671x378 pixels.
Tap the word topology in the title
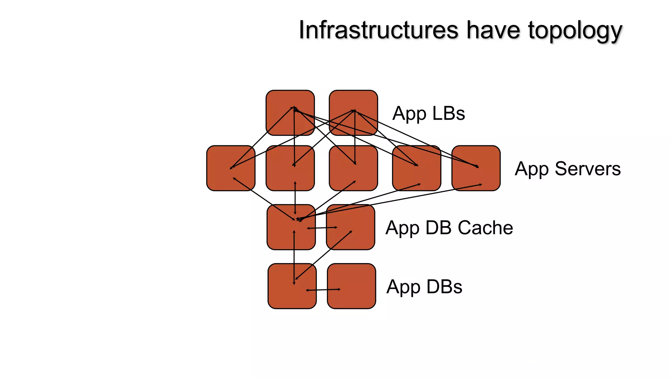point(575,31)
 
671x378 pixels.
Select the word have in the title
point(493,30)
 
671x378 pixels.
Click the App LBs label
point(429,114)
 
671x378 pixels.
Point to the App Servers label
point(567,169)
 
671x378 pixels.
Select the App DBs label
point(424,287)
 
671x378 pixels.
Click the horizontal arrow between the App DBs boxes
point(323,290)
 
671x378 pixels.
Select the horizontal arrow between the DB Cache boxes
point(322,228)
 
